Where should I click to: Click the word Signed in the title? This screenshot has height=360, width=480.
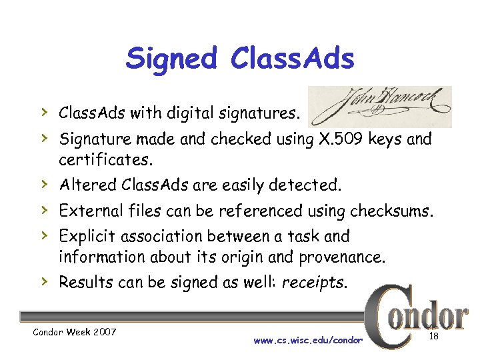pyautogui.click(x=171, y=59)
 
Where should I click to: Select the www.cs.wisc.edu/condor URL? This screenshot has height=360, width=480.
pyautogui.click(x=308, y=341)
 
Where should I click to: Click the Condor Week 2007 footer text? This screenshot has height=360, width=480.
pyautogui.click(x=67, y=332)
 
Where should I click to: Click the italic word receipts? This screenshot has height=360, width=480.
pyautogui.click(x=313, y=282)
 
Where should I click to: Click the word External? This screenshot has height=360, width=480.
pyautogui.click(x=87, y=212)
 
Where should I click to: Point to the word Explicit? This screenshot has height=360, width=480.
pyautogui.click(x=85, y=237)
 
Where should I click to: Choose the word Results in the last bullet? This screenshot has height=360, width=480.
pyautogui.click(x=84, y=282)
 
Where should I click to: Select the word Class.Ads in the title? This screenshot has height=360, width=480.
pyautogui.click(x=292, y=59)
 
